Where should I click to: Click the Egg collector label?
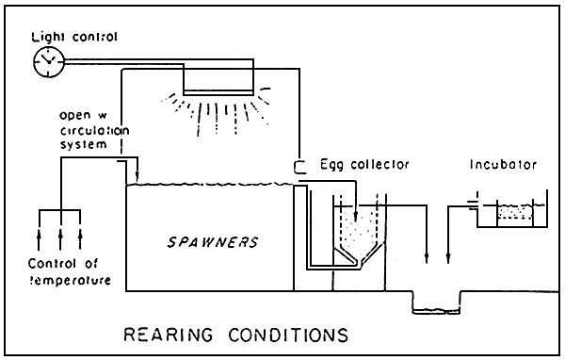364,164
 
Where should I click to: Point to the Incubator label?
503,164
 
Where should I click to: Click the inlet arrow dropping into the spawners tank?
137,172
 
